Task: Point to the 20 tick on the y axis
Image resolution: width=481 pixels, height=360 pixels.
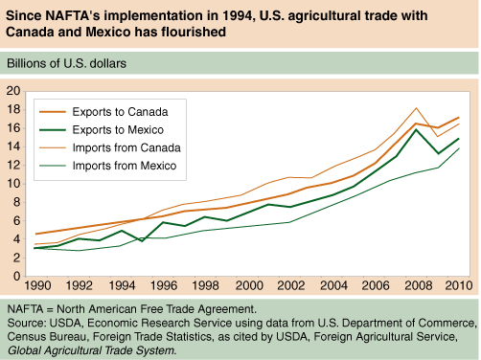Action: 13,91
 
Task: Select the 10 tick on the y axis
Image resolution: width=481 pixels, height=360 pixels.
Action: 13,184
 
